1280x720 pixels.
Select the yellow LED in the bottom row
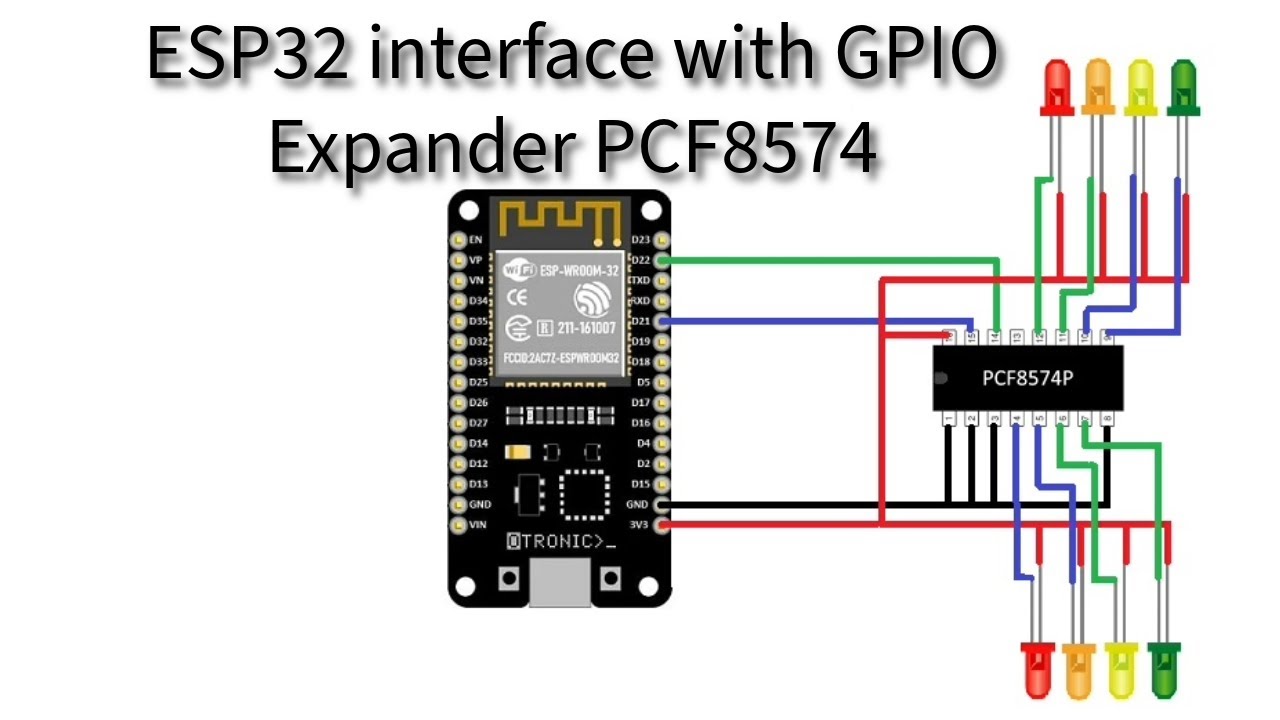click(x=1121, y=668)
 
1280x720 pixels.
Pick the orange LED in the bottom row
click(x=1079, y=668)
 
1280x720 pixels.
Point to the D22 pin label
click(x=641, y=260)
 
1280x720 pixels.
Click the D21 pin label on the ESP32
click(x=641, y=321)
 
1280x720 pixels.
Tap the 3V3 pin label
click(x=639, y=525)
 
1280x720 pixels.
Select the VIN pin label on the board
click(x=479, y=525)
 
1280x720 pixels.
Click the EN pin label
click(x=476, y=240)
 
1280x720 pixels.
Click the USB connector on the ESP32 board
click(x=560, y=584)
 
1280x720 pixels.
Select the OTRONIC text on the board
click(x=560, y=542)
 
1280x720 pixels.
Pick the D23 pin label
click(x=641, y=240)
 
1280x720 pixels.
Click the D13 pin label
click(x=479, y=484)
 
